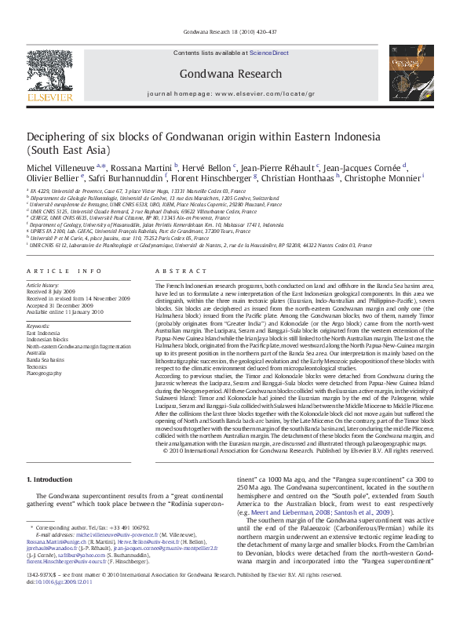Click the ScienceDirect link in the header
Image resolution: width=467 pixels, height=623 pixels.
(x=269, y=53)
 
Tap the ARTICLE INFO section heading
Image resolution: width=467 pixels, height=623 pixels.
(x=64, y=271)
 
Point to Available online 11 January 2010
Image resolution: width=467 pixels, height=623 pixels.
(x=65, y=311)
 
